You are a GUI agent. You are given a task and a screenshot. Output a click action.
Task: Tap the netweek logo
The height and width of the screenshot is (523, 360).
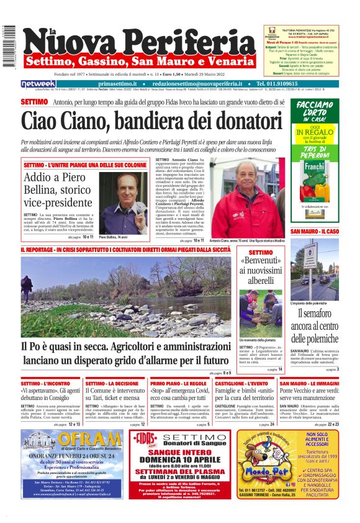pos(38,84)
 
